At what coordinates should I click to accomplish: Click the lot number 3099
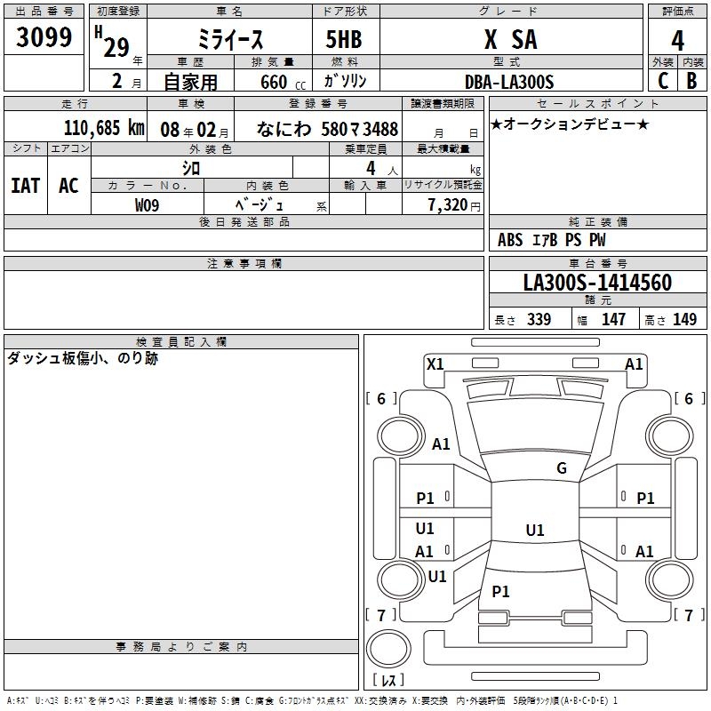44,37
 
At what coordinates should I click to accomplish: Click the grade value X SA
510,40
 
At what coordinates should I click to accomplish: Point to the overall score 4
678,41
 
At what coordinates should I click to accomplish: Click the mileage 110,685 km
104,128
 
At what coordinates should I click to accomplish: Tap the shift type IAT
26,186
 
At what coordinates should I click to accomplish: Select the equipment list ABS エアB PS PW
552,240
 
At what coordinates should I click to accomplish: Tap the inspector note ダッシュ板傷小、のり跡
83,359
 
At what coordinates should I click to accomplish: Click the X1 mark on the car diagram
435,363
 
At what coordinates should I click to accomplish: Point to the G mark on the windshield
561,468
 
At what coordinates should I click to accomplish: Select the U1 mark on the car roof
534,531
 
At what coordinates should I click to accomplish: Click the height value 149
684,320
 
